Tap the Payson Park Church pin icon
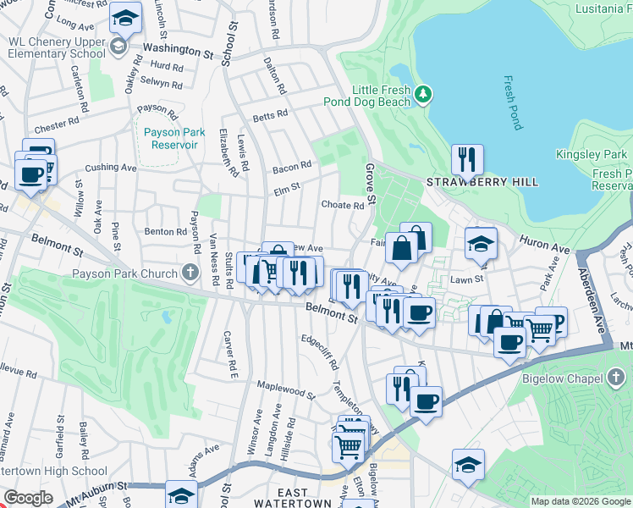[x=193, y=273]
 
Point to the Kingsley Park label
[x=591, y=154]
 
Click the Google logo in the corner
[x=29, y=497]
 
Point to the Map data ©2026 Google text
[x=581, y=501]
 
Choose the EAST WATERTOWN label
[x=293, y=497]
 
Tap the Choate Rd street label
[x=342, y=205]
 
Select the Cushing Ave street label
[x=110, y=168]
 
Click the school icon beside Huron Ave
[x=481, y=244]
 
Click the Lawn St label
[x=466, y=279]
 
